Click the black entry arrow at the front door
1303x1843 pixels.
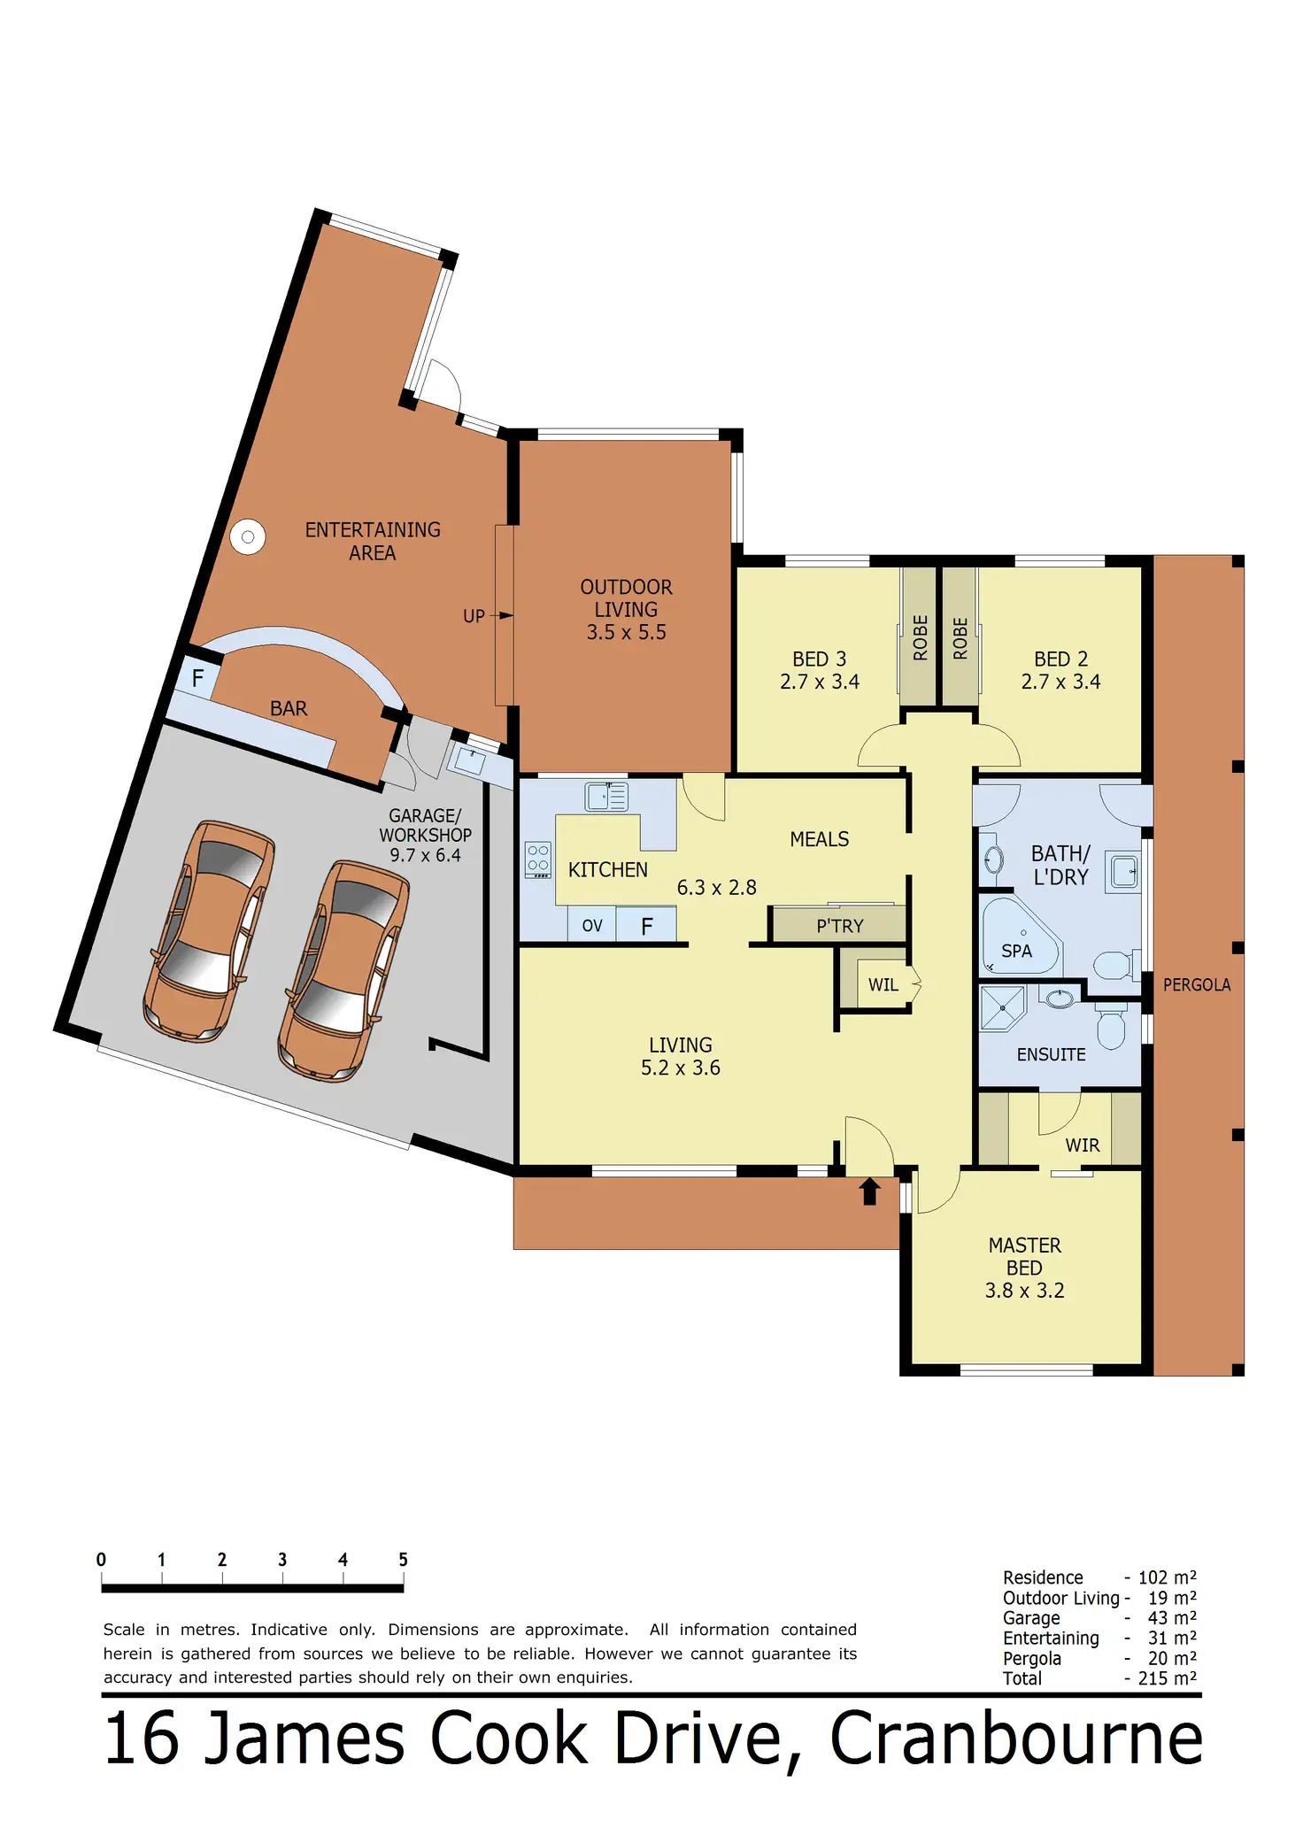pos(869,1191)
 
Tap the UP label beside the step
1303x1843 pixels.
pos(474,616)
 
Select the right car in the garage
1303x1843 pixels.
pos(343,970)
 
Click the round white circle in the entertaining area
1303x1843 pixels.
pos(248,536)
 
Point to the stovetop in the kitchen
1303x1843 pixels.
pos(538,860)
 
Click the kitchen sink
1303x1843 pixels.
pos(606,797)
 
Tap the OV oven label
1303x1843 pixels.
pos(592,926)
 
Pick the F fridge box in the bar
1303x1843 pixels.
pos(197,678)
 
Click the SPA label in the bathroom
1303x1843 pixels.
pos(1016,951)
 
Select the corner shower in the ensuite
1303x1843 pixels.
pos(1003,1008)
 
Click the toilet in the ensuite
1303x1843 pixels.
pos(1111,1025)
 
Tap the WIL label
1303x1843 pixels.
pos(883,985)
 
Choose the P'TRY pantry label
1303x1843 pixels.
pos(839,926)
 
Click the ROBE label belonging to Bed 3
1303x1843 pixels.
pos(920,637)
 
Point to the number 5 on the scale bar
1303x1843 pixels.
pos(403,1560)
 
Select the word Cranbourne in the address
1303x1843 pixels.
pos(1016,1738)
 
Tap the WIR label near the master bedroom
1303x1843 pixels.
pos(1083,1145)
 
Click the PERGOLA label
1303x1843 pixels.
pos(1197,985)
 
